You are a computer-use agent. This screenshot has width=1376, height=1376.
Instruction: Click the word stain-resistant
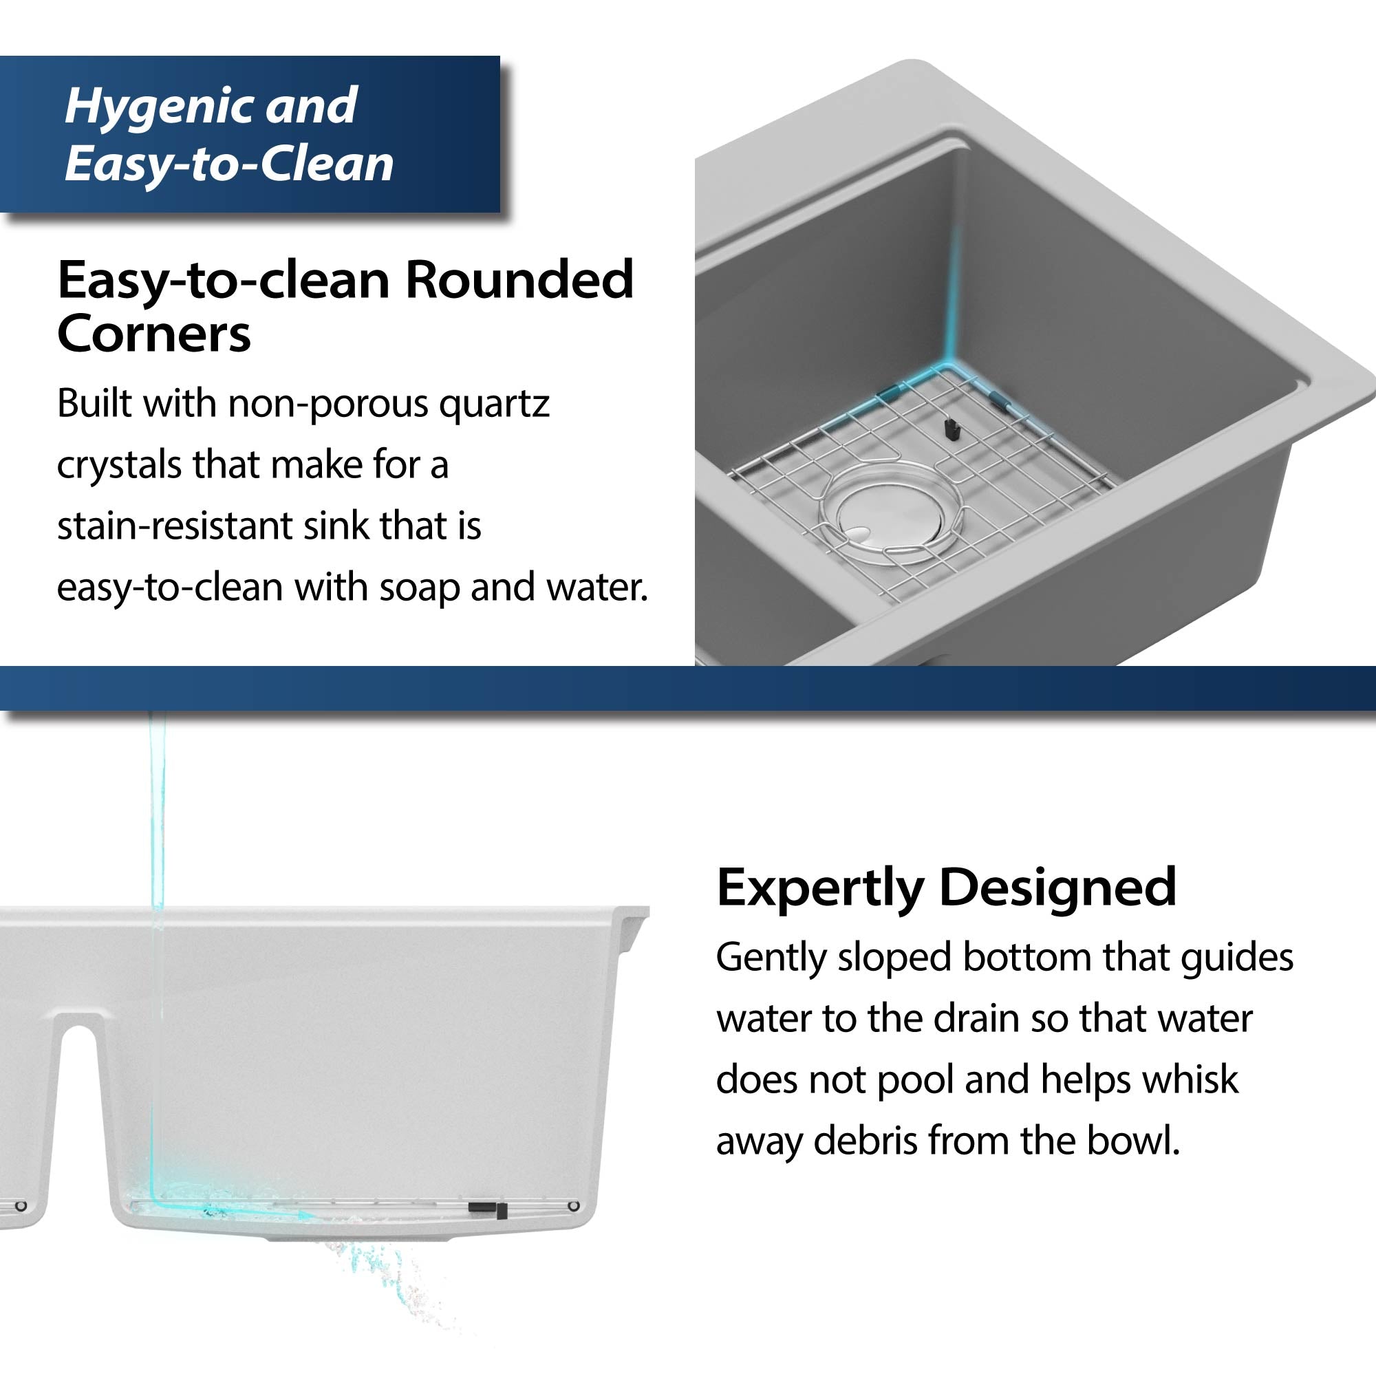(x=174, y=526)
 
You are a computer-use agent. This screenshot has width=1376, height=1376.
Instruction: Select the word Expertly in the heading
(x=819, y=888)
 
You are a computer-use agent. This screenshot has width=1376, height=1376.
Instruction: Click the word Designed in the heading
(x=1057, y=888)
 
